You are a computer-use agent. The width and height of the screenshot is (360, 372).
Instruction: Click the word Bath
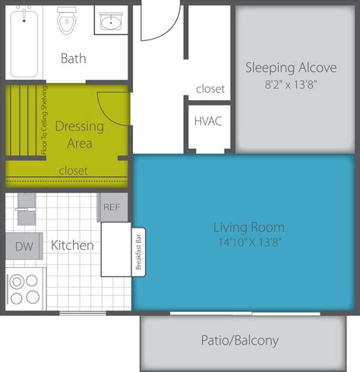[74, 58]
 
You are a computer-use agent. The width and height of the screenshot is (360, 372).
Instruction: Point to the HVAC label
[207, 121]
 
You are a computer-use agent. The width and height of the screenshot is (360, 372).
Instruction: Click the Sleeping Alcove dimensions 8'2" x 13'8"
[280, 85]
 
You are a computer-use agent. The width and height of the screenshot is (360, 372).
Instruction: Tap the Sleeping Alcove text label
[280, 68]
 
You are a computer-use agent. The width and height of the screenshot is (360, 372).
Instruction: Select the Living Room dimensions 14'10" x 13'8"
[248, 242]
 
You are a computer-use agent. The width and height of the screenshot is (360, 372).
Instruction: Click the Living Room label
[248, 227]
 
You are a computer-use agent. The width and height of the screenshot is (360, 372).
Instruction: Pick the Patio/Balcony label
[250, 340]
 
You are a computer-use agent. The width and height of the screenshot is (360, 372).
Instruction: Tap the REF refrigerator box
[112, 206]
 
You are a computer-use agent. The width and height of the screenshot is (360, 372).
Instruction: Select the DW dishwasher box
[23, 246]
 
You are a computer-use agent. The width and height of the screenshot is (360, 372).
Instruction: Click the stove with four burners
[26, 288]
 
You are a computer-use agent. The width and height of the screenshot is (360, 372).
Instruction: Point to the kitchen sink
[26, 206]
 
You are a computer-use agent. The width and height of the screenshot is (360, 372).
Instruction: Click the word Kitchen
[72, 246]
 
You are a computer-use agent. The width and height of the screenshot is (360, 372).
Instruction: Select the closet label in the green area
[73, 170]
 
